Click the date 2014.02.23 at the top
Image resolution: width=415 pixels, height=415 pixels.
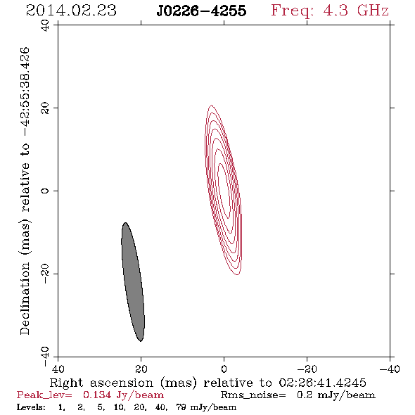point(71,11)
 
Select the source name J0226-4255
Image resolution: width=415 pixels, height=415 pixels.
point(201,11)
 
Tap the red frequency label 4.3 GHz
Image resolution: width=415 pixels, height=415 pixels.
point(356,11)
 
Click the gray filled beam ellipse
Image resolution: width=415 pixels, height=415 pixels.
point(133,282)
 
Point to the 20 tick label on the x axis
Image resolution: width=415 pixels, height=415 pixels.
point(141,369)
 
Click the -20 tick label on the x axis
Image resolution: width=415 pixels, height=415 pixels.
point(307,369)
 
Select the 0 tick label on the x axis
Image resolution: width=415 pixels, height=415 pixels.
point(224,369)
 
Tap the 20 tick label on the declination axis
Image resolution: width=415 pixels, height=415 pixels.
point(45,108)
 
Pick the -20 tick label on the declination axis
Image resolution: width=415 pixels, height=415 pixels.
point(45,274)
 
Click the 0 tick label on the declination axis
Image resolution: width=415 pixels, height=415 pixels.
point(45,191)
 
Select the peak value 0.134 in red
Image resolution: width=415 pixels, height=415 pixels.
point(97,395)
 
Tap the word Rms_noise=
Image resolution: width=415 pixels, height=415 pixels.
point(253,395)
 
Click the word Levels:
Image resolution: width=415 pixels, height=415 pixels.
point(31,407)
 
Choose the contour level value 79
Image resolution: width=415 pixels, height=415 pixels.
point(181,407)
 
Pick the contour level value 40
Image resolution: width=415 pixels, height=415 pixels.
point(161,407)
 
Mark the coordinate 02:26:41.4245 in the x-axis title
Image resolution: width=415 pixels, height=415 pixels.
point(322,383)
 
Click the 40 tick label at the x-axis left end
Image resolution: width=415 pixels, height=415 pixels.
point(58,369)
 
